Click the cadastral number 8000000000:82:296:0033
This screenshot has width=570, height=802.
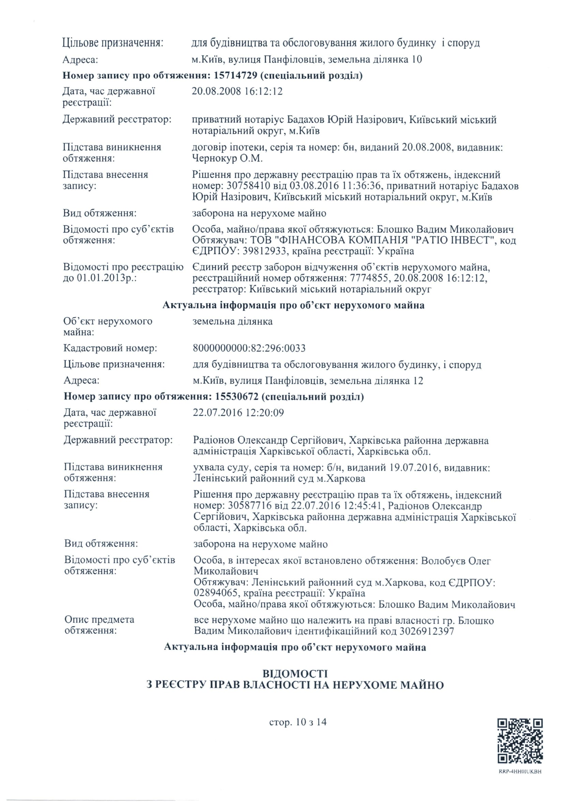tap(249, 348)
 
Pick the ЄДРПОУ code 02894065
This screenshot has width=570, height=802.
tap(214, 593)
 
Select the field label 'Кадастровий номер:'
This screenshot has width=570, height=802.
tap(110, 348)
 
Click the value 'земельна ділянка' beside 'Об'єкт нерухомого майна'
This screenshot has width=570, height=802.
tap(232, 322)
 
